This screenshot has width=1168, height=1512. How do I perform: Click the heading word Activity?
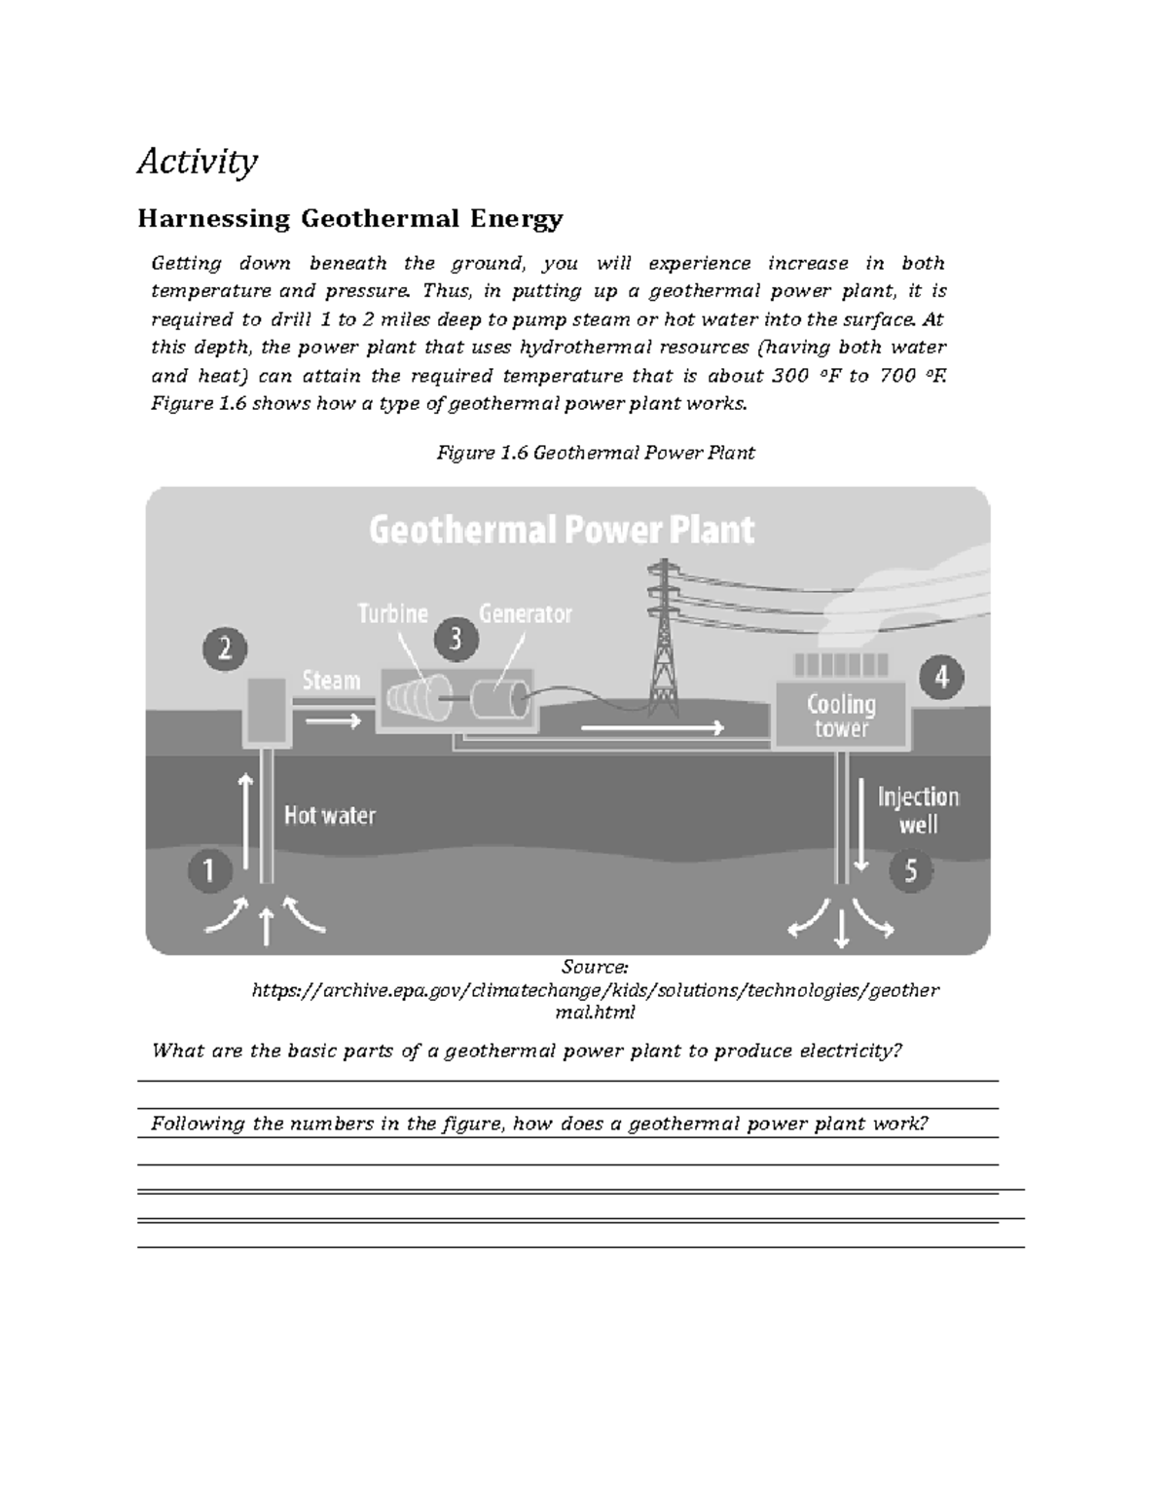pos(198,161)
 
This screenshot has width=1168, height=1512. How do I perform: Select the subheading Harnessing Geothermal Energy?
pos(350,218)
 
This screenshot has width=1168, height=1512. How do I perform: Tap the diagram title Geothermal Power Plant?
pos(562,531)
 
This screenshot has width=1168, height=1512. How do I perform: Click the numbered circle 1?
pos(208,869)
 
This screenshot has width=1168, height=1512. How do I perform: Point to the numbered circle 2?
pos(225,649)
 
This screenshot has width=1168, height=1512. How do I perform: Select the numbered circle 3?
pos(455,640)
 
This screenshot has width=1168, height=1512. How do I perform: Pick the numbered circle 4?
pos(941,677)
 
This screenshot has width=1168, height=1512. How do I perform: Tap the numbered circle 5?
pos(911,869)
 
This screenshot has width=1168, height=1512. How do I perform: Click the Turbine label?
pos(392,613)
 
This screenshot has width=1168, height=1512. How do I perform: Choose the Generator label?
pos(526,613)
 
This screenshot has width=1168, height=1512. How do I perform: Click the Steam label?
pos(331,680)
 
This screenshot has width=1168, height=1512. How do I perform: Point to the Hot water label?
pos(329,815)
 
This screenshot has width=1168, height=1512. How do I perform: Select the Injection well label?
pos(918,810)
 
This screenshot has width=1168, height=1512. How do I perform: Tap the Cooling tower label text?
pos(841,716)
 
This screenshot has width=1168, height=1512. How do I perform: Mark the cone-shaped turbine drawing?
pos(414,698)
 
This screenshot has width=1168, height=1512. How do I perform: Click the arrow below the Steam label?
pos(331,721)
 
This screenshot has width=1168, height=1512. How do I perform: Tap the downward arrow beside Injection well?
pos(860,823)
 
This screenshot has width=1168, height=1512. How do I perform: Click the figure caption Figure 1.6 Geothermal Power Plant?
pos(596,453)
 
